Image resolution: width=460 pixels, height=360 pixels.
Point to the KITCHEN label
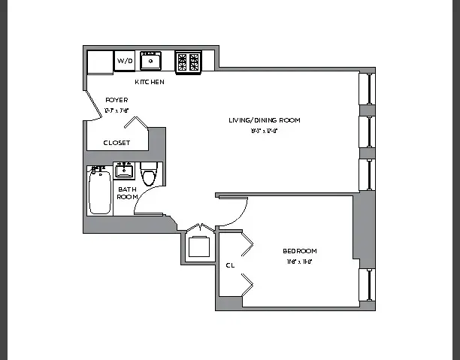pyautogui.click(x=150, y=81)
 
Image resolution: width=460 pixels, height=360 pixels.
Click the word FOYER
pyautogui.click(x=117, y=100)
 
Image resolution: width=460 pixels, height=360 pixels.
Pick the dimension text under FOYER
pyautogui.click(x=117, y=110)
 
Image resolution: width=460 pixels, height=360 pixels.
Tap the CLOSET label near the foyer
pyautogui.click(x=117, y=142)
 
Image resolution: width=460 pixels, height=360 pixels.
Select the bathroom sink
pyautogui.click(x=125, y=171)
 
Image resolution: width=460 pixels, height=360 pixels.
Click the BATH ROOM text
pyautogui.click(x=127, y=192)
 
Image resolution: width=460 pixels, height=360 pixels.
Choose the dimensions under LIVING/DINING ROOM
pyautogui.click(x=265, y=131)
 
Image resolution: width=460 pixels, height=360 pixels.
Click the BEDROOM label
pyautogui.click(x=299, y=251)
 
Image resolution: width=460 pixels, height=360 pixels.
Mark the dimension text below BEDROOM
pyautogui.click(x=299, y=262)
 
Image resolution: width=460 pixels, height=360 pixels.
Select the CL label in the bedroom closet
pyautogui.click(x=229, y=265)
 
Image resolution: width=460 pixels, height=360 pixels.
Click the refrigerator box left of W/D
pyautogui.click(x=99, y=62)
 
